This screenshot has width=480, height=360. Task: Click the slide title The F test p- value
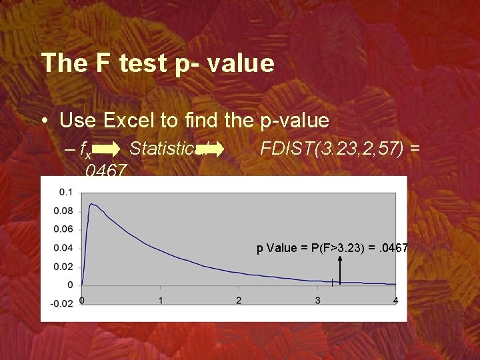[x=157, y=63]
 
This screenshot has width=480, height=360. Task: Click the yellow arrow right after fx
[x=113, y=149]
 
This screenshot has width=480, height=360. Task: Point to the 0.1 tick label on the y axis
[x=66, y=192]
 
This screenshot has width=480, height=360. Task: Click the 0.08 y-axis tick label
[x=64, y=211]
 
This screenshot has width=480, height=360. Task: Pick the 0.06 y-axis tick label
[x=64, y=229]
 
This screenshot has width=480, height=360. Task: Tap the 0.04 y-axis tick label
[x=64, y=248]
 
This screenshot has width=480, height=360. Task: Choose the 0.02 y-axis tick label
[x=64, y=267]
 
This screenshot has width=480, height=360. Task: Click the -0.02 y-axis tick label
[x=63, y=304]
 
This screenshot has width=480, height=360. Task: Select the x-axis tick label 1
[x=160, y=301]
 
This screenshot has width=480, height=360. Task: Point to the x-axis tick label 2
[x=239, y=301]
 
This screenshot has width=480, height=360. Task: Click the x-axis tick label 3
[x=317, y=301]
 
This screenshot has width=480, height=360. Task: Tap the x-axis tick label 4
[x=395, y=301]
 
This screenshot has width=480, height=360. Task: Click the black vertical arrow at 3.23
[x=341, y=270]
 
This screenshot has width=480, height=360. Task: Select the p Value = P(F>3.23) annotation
[x=332, y=248]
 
